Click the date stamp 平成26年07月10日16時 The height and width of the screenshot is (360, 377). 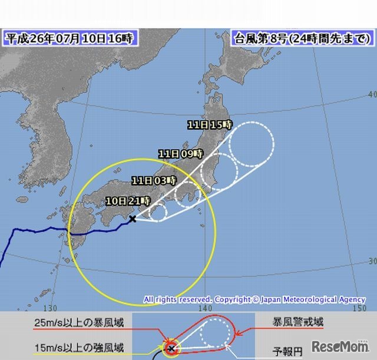69,39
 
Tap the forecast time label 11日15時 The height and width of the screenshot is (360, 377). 210,124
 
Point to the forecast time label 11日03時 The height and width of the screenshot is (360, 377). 154,180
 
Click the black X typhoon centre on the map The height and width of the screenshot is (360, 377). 133,219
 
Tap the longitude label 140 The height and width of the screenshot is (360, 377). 205,308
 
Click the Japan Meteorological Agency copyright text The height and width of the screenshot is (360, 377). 254,300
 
